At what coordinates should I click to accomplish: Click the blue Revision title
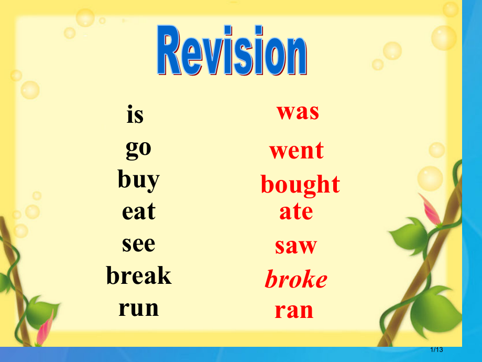(232, 50)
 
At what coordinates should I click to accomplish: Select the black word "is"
(135, 114)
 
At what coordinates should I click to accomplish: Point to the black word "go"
(138, 150)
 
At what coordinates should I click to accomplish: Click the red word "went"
(297, 151)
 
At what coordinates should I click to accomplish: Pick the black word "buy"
(139, 180)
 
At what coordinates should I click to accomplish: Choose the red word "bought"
(300, 185)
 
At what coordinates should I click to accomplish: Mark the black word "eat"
(139, 212)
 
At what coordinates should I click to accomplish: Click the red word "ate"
(296, 212)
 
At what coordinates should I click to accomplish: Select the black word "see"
(139, 244)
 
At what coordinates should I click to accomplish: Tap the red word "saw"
(295, 246)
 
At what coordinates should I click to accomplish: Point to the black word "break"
(139, 275)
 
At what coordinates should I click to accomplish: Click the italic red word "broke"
(296, 279)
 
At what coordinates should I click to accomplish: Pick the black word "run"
(139, 308)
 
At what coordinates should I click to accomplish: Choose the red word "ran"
(294, 311)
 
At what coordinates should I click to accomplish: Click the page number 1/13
(436, 349)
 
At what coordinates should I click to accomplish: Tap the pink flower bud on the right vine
(430, 209)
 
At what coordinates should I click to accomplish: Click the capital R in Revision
(169, 50)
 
